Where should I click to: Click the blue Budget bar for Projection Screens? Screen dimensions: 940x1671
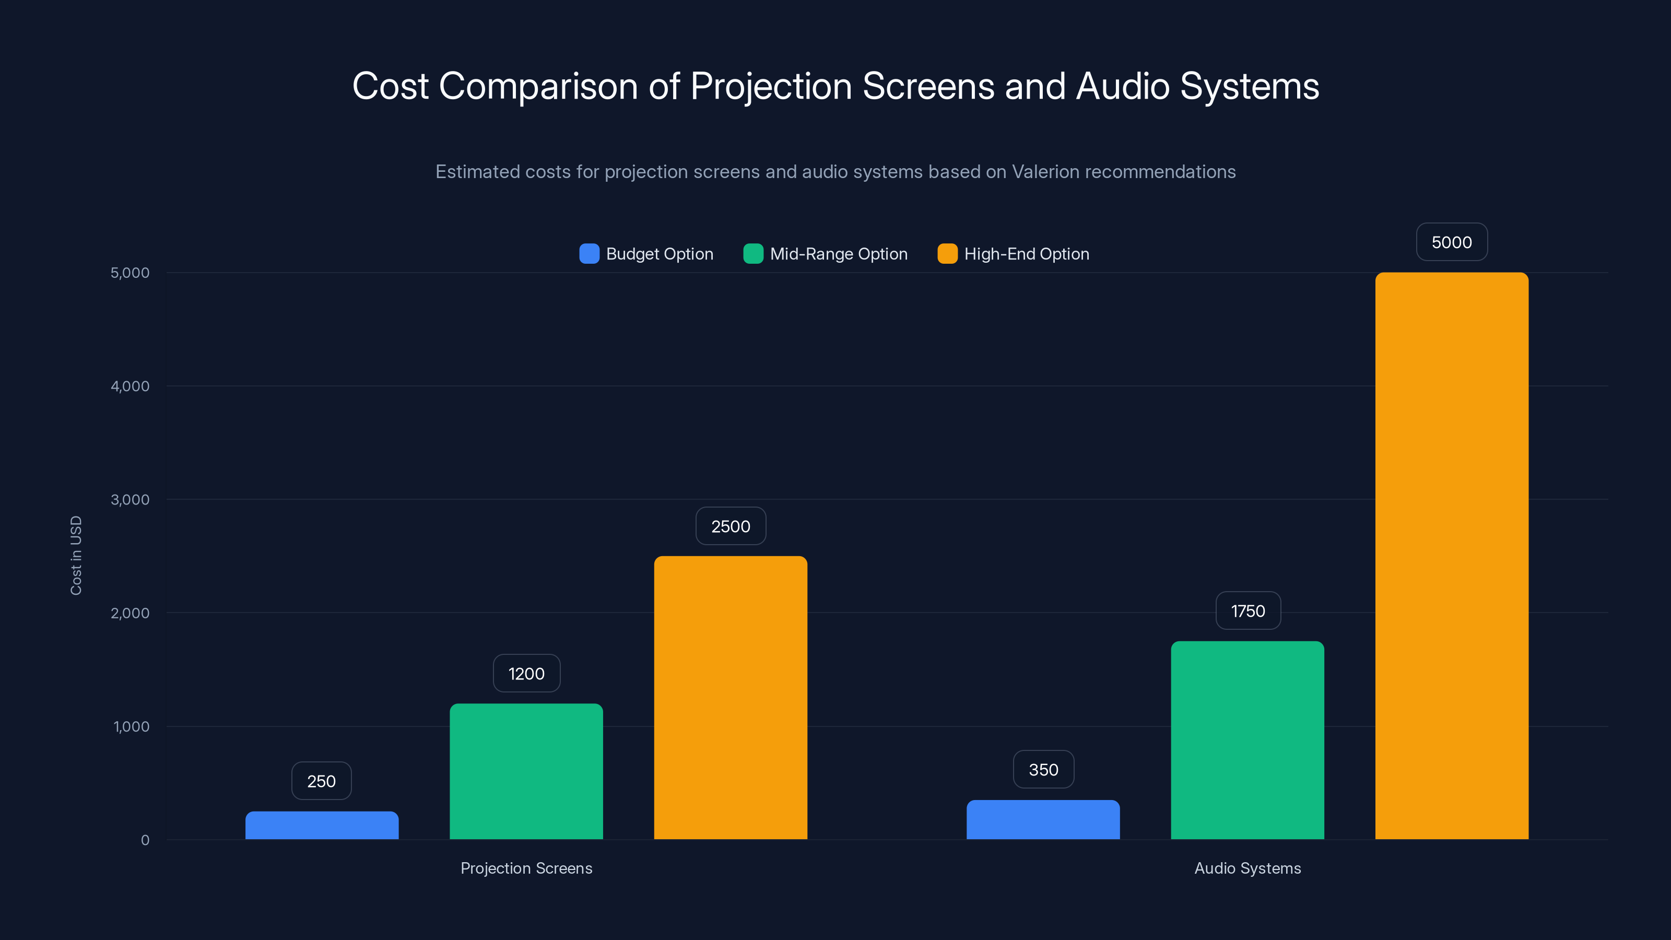coord(322,825)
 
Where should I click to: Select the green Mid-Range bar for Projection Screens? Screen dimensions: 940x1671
coord(526,771)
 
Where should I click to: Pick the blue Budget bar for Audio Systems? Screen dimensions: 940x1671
coord(1043,819)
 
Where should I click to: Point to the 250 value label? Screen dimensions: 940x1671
coord(322,781)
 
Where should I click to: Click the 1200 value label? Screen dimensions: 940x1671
coord(526,673)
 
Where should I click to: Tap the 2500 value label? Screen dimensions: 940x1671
coord(731,526)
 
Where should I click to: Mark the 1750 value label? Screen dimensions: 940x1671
coord(1248,610)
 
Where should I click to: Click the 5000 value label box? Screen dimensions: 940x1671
coord(1452,242)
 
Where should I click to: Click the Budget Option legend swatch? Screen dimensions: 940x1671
coord(589,254)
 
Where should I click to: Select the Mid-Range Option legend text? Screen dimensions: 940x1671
coord(838,254)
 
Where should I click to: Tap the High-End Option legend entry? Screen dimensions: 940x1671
coord(1026,254)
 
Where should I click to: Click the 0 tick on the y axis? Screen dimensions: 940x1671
coord(145,840)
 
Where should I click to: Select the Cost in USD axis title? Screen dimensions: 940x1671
coord(76,555)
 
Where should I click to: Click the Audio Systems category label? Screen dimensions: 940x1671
coord(1248,868)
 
